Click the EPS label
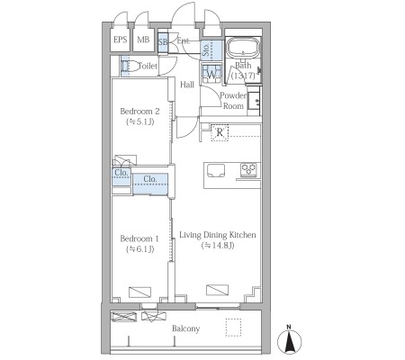coord(121,40)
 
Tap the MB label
coord(143,40)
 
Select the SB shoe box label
coord(163,41)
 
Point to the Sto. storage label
coord(206,49)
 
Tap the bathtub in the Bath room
coord(243,48)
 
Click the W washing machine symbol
coord(211,74)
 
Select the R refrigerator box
coord(220,132)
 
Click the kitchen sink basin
coord(216,171)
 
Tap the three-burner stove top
coord(248,170)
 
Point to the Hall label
coord(187,85)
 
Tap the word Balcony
coord(185,328)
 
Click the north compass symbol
coord(289,340)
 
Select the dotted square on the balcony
coord(234,328)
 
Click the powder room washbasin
coord(255,101)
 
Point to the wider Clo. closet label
coord(150,179)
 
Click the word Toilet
coord(148,66)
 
